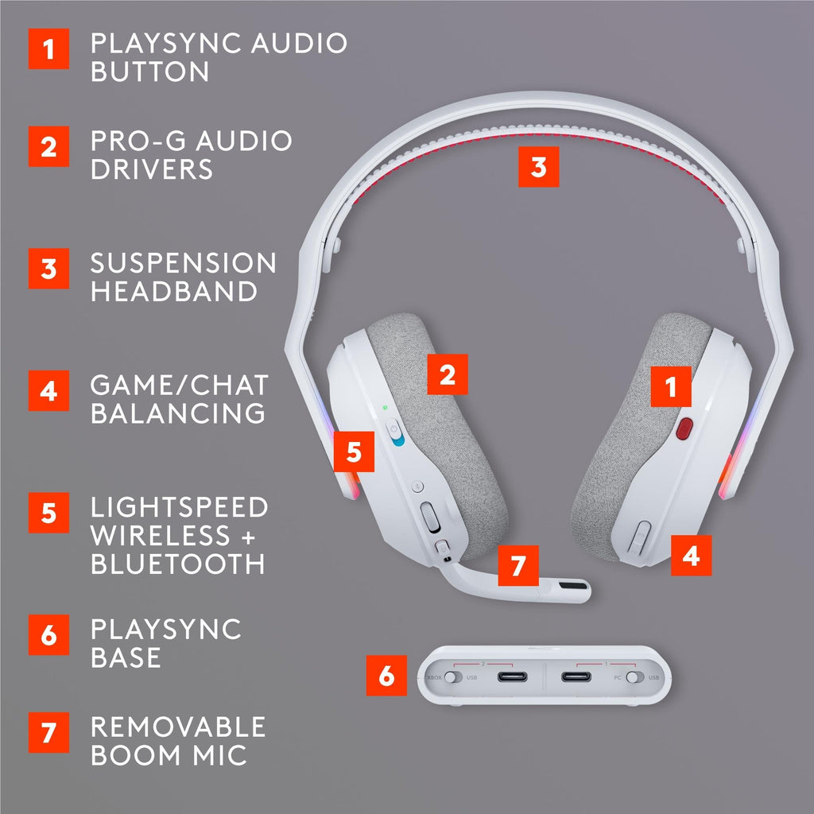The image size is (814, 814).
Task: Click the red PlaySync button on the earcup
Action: (683, 429)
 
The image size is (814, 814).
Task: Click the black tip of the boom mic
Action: (572, 590)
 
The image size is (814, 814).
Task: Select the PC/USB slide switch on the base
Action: (634, 677)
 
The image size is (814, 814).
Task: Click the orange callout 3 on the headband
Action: (538, 167)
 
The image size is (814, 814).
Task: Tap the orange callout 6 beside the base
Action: (386, 676)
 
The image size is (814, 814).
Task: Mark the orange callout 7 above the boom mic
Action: (517, 565)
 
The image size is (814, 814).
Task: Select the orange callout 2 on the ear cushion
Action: (448, 374)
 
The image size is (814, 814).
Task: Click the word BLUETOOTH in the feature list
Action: (177, 564)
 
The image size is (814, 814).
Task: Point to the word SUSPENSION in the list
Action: (183, 263)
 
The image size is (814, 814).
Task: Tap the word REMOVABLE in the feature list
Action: (177, 727)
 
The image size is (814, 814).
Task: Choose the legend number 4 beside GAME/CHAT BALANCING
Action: (49, 390)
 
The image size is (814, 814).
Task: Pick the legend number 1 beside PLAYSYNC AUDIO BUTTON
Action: (49, 48)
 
